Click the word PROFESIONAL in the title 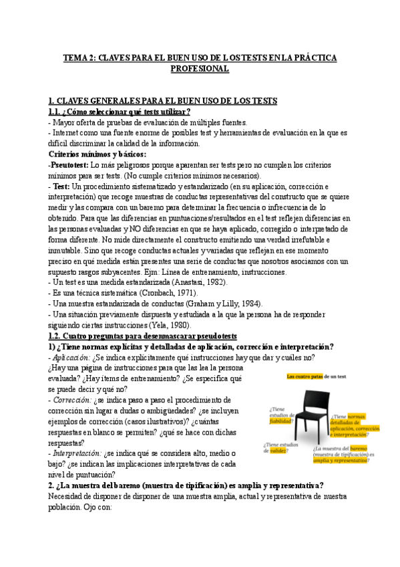[x=200, y=69]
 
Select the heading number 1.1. [x=55, y=112]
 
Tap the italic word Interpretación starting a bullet [x=79, y=452]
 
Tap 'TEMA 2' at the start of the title [x=81, y=58]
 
